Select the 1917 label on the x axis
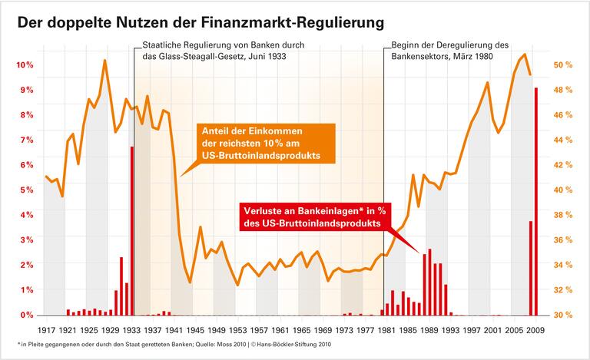(46, 330)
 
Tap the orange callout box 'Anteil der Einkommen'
(259, 143)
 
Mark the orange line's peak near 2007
(524, 54)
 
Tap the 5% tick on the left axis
(25, 190)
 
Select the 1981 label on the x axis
(387, 330)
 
